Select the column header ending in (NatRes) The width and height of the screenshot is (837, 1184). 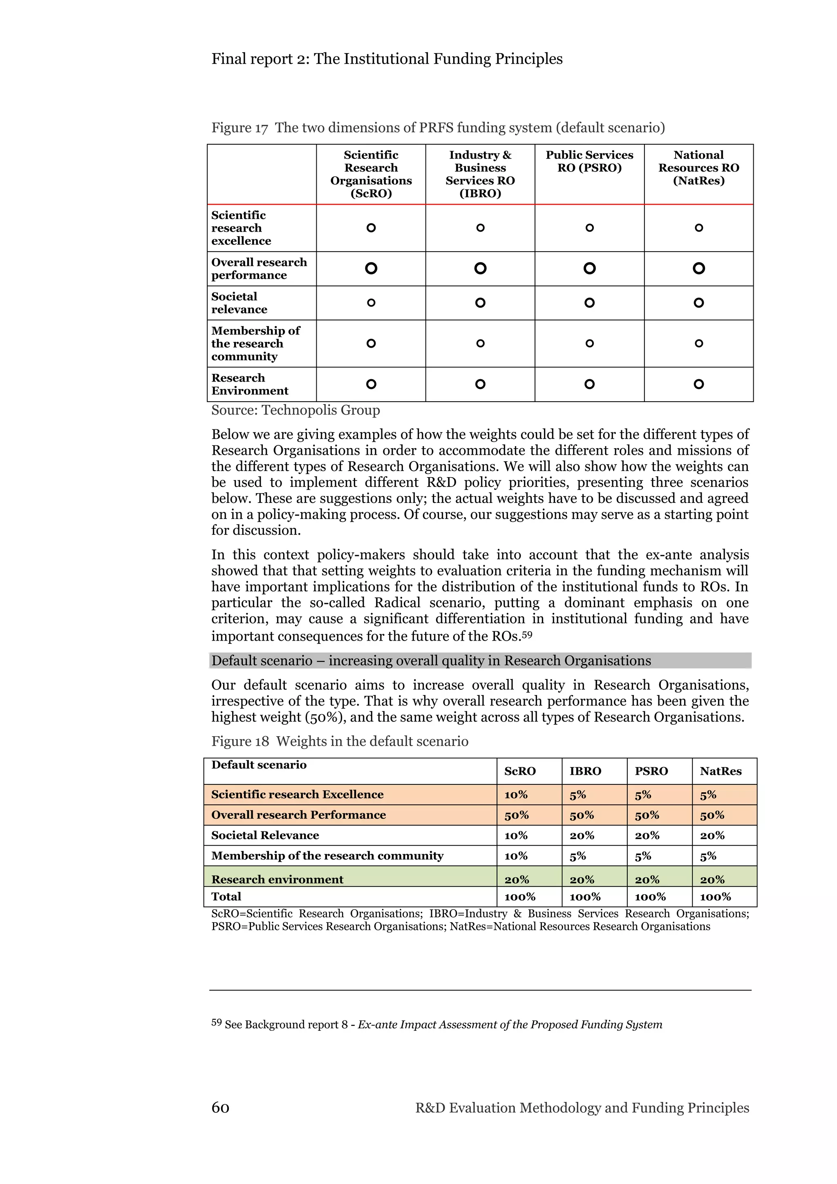[x=698, y=168]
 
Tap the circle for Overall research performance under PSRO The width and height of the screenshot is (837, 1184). [x=589, y=268]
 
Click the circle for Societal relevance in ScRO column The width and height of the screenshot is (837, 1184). [x=371, y=303]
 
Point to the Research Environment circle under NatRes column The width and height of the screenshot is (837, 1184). [x=698, y=384]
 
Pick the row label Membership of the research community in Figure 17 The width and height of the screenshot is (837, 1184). [x=255, y=344]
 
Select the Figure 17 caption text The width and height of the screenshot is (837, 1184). [x=438, y=127]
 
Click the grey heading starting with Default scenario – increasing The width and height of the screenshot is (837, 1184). [x=431, y=661]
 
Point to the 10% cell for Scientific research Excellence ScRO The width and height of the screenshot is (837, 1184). [x=516, y=795]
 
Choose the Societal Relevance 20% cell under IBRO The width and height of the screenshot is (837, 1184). [x=582, y=836]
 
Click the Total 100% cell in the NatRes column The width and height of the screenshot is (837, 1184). [x=715, y=897]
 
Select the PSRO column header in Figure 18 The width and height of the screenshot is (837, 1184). [x=651, y=771]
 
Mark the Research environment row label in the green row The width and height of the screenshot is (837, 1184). [x=277, y=879]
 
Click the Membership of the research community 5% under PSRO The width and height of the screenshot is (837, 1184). [x=643, y=856]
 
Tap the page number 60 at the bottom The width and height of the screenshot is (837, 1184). [x=220, y=1108]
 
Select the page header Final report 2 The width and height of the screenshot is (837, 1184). [x=387, y=59]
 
